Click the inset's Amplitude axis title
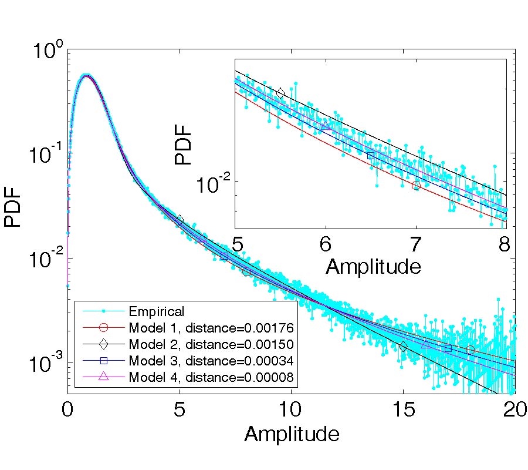[x=373, y=267]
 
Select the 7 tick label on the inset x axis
[x=416, y=243]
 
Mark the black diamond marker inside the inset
[x=280, y=93]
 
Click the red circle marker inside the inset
[x=416, y=186]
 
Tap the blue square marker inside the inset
[x=371, y=156]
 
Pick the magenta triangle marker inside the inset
[x=326, y=126]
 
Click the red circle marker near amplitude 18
[x=471, y=350]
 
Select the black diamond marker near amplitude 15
[x=403, y=347]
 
